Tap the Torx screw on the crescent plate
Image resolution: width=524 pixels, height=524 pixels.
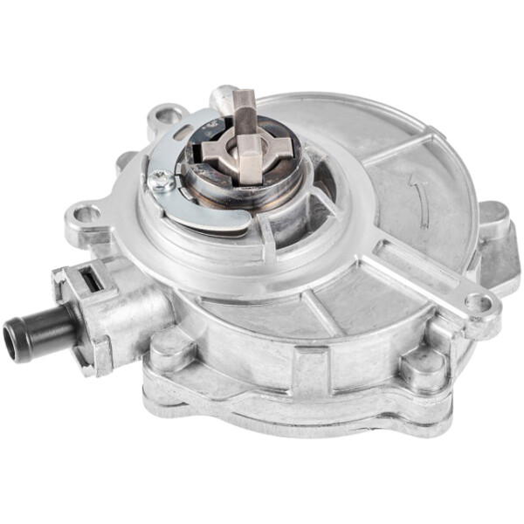(x=162, y=181)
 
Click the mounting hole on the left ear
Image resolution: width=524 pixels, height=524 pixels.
(x=86, y=212)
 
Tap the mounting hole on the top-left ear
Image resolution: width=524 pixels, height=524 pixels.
(x=167, y=114)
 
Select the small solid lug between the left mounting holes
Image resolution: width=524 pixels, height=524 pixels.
(x=125, y=161)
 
